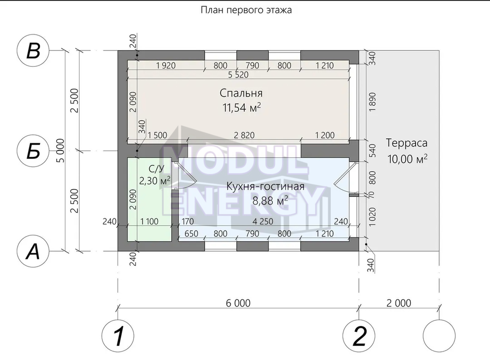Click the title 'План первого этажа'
pos(246,10)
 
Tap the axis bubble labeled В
pos(33,50)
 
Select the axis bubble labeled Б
pos(33,151)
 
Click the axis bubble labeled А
pos(33,251)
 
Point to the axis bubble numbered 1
pos(118,336)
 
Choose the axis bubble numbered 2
pos(359,336)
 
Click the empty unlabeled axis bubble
pos(439,336)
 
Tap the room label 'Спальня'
pos(241,93)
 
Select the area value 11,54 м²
pos(242,108)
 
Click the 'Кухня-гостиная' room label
pos(265,186)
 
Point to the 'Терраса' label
pos(407,143)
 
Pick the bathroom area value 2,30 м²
pos(155,181)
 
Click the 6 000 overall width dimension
pos(238,303)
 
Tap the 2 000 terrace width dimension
pos(399,303)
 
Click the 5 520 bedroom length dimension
pos(238,75)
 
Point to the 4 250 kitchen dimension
pos(263,221)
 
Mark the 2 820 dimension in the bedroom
pos(244,135)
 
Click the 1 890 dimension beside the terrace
pos(372,102)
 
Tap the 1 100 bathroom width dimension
pos(149,221)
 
